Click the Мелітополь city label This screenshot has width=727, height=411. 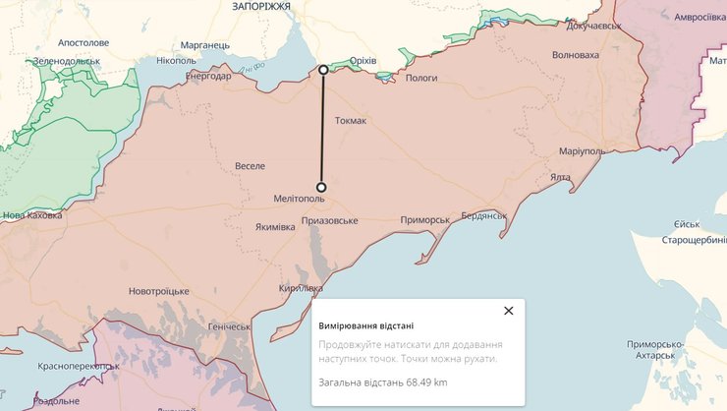click(x=298, y=199)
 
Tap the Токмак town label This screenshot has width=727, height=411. click(x=350, y=121)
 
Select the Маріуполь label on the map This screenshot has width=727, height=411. click(x=582, y=150)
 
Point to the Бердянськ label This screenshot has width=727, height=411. click(x=482, y=215)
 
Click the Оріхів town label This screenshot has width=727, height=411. click(x=363, y=61)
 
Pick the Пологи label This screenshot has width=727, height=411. click(x=421, y=77)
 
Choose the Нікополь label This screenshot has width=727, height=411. click(x=176, y=60)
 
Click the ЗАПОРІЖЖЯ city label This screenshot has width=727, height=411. click(x=261, y=6)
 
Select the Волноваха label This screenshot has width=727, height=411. click(x=576, y=55)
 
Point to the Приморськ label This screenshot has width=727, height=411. click(x=424, y=219)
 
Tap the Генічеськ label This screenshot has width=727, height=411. click(x=229, y=326)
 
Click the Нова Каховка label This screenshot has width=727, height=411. click(x=32, y=214)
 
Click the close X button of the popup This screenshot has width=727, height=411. click(x=508, y=311)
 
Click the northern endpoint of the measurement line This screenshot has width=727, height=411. click(x=323, y=70)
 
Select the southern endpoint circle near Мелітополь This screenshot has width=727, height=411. click(x=321, y=187)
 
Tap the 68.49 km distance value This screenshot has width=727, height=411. click(x=426, y=382)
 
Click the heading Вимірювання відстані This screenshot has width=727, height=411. click(x=365, y=325)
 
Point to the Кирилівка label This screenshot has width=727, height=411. click(x=301, y=288)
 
